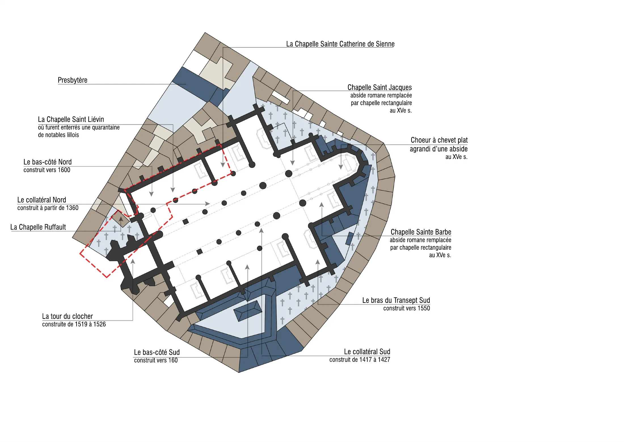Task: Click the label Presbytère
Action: pos(73,80)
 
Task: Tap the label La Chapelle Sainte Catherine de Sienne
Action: pos(340,44)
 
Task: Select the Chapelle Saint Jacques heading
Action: pos(380,87)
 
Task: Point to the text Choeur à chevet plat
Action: pos(439,140)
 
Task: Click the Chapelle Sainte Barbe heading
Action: pos(421,232)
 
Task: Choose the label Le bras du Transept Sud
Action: pos(396,300)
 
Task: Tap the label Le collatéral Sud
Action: pos(367,352)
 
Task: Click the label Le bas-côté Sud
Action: pos(157,352)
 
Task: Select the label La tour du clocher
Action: pos(68,316)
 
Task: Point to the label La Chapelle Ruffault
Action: pos(38,227)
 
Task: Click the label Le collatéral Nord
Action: pos(42,200)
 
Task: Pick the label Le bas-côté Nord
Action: pos(48,162)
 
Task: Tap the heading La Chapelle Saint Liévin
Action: pos(71,119)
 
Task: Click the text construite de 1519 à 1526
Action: pos(74,324)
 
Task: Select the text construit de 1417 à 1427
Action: pos(360,360)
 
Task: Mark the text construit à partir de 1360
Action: pos(48,208)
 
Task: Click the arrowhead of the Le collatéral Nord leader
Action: pos(208,204)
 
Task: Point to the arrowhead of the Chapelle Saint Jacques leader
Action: pos(292,163)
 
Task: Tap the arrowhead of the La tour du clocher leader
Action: pos(133,261)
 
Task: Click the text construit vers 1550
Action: pos(406,308)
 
